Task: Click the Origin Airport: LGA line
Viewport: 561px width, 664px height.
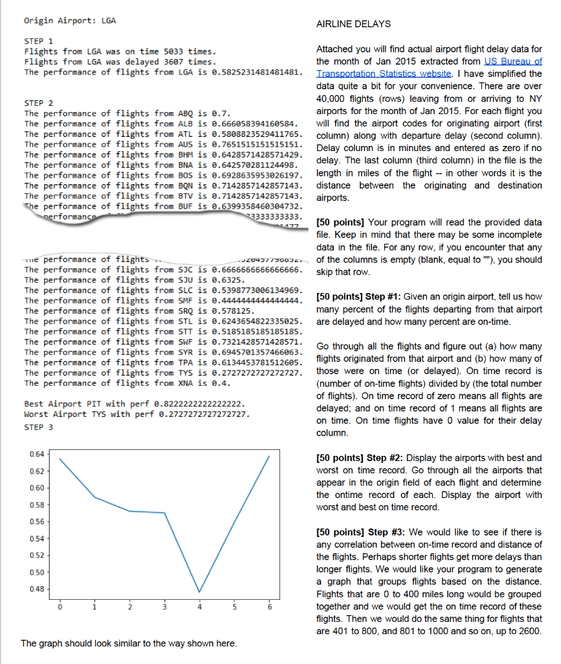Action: click(x=70, y=21)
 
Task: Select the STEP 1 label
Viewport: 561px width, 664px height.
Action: click(x=39, y=40)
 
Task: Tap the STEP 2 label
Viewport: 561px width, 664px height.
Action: click(x=39, y=103)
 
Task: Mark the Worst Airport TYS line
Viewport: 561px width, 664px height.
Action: click(x=137, y=414)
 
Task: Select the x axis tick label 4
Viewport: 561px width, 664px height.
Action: click(x=200, y=608)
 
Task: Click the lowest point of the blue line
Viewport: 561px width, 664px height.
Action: click(x=200, y=592)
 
